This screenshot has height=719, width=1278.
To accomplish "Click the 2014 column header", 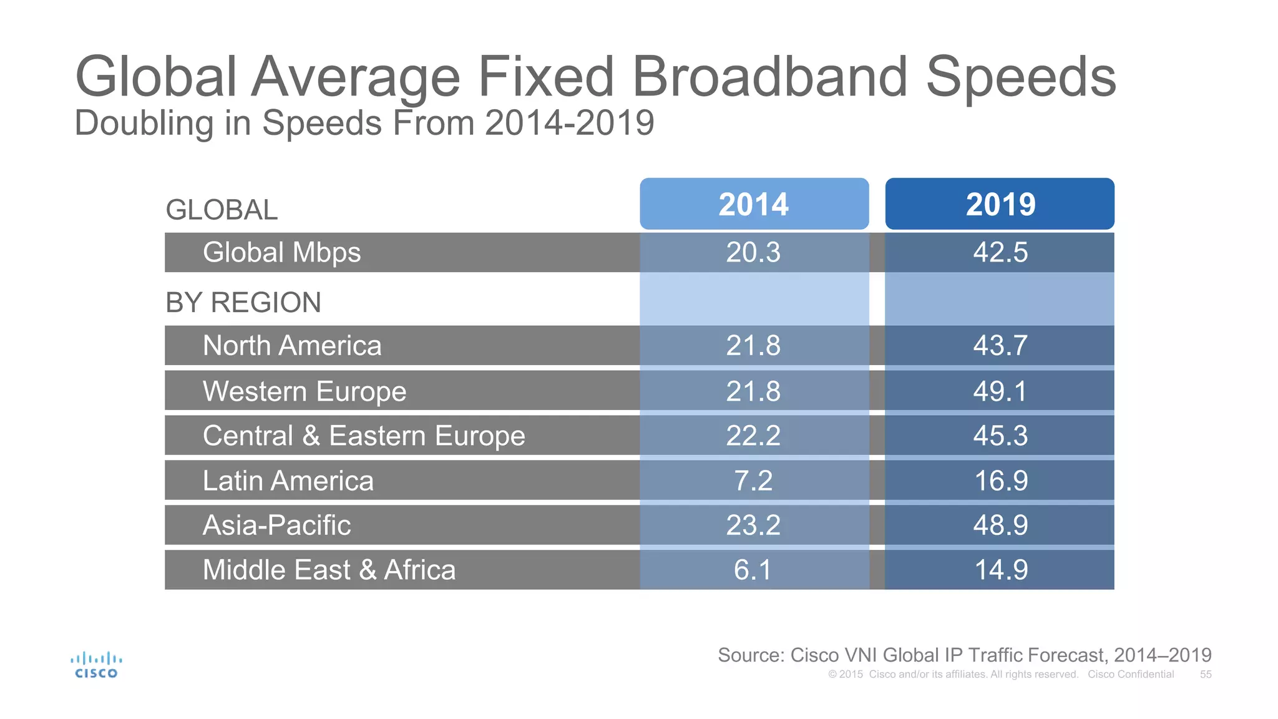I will point(754,204).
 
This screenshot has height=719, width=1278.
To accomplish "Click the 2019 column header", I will point(1000,204).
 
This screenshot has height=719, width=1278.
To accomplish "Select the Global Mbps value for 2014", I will point(753,253).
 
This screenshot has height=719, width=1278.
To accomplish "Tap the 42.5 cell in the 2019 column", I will point(1000,253).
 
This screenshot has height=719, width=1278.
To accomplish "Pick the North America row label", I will point(292,346).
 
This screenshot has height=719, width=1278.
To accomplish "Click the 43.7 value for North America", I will point(1000,346).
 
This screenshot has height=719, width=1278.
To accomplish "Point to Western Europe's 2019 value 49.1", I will point(1000,391).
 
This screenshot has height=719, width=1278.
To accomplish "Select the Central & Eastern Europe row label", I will point(364,436).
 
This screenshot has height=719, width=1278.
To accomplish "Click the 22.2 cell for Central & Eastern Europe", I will point(753,436).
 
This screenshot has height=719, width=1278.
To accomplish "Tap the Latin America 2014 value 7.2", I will point(753,481).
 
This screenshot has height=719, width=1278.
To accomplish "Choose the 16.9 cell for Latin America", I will point(1000,481).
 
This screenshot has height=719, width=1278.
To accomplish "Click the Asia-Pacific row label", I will point(276,526).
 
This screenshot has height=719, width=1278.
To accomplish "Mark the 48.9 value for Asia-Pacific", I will point(1000,526).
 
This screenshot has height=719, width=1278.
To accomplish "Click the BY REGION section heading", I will point(243,303).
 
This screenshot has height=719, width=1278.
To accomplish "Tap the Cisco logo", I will point(96,665).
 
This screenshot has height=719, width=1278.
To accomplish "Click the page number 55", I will point(1206,675).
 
